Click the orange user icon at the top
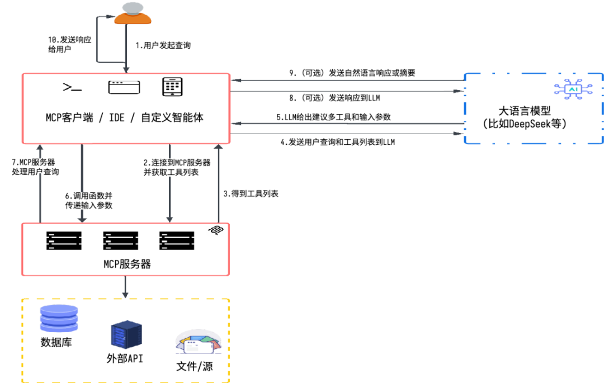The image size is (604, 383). (133, 15)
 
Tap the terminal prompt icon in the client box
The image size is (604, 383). (72, 87)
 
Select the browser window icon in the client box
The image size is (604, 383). (124, 87)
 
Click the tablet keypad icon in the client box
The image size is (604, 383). (173, 87)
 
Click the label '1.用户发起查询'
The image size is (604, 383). (163, 45)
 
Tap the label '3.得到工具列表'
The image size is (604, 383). (251, 194)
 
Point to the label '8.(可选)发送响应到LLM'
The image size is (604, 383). (334, 98)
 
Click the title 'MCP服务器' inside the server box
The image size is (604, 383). (125, 263)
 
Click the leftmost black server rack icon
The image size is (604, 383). (64, 240)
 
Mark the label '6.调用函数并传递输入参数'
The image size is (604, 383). (88, 201)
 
